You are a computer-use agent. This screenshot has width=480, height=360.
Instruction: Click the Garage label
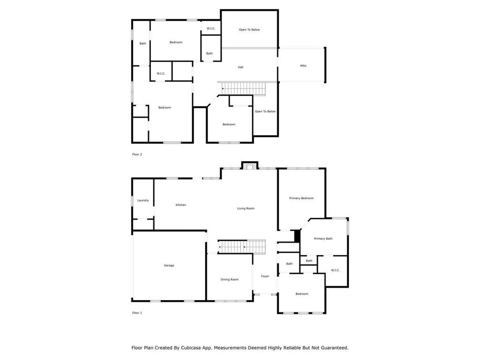click(169, 265)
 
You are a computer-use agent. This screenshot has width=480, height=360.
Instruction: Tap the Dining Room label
click(230, 279)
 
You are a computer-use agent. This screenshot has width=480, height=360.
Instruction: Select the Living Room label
click(246, 209)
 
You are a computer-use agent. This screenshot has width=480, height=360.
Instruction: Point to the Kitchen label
click(181, 205)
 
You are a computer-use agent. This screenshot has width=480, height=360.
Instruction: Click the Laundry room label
click(143, 201)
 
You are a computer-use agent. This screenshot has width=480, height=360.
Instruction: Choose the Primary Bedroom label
click(301, 198)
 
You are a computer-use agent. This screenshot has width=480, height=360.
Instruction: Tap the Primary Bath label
click(323, 239)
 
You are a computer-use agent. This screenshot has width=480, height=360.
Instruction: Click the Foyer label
click(265, 276)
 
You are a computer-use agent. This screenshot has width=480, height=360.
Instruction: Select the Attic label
click(303, 66)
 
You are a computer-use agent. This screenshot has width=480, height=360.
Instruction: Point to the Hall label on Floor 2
click(240, 67)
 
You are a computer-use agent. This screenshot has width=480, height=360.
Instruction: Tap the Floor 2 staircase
click(244, 89)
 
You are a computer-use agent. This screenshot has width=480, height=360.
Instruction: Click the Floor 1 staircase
click(241, 247)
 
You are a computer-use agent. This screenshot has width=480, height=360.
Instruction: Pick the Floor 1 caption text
click(137, 313)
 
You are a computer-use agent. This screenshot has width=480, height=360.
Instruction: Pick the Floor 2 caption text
click(137, 154)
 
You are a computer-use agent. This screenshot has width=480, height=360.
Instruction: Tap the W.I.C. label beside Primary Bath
click(335, 270)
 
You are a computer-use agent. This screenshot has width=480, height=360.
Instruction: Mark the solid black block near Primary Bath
click(297, 236)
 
